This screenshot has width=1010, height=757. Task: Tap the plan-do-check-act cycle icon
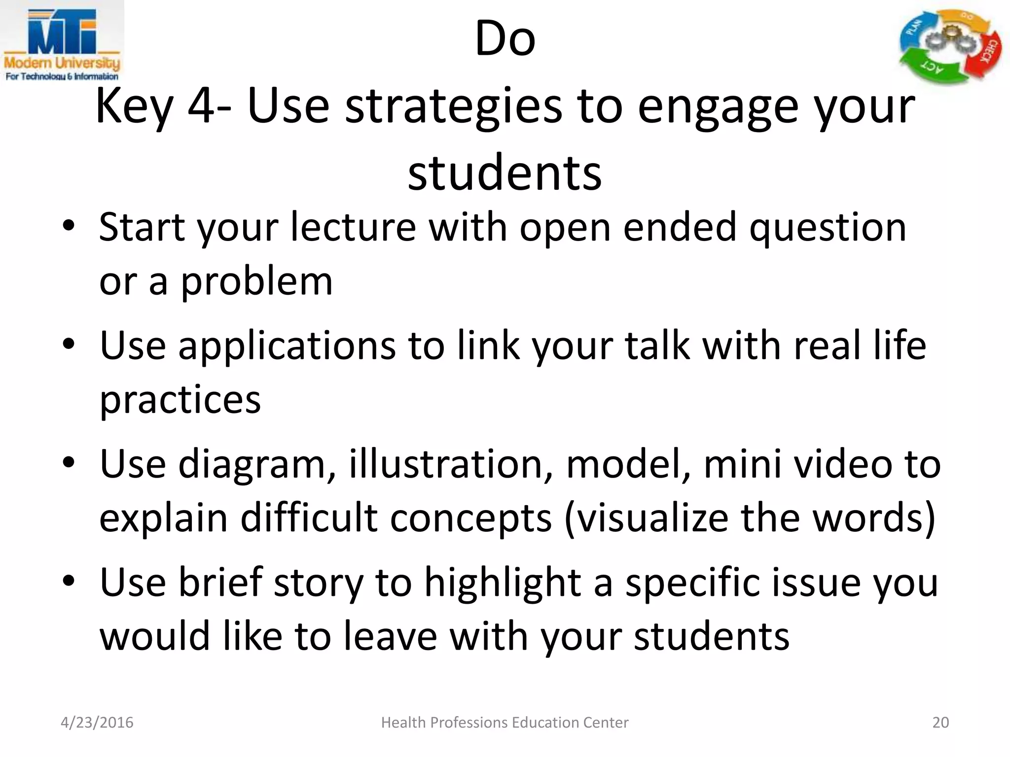(x=950, y=47)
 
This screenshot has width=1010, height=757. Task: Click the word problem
(x=257, y=282)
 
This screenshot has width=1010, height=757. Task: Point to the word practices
(x=180, y=400)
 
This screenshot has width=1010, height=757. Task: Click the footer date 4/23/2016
(x=97, y=723)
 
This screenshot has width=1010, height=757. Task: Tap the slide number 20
(x=940, y=723)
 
